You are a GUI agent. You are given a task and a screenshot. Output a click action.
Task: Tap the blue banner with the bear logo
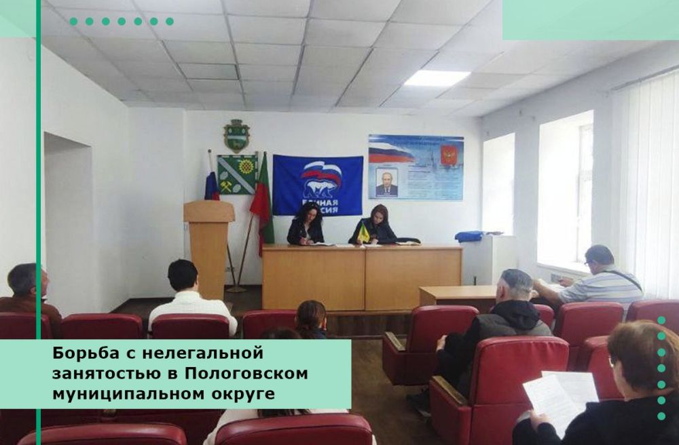[318, 185]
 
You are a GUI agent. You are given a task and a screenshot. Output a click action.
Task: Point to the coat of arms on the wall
[236, 135]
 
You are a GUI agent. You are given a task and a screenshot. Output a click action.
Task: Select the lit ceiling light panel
[437, 78]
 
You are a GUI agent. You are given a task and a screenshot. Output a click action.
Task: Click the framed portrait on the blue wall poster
[386, 182]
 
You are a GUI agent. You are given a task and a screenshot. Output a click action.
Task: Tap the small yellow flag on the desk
[364, 233]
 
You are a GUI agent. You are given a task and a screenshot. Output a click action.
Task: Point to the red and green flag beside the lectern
[261, 204]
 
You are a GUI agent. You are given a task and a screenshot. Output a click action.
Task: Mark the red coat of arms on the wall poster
[448, 154]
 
